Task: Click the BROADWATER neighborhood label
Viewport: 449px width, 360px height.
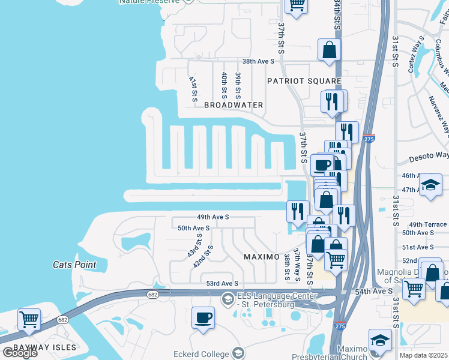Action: [234, 105]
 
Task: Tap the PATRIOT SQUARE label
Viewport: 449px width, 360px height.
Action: [304, 81]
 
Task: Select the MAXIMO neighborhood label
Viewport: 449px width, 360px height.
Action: [262, 257]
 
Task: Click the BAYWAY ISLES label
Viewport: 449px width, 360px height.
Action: [38, 347]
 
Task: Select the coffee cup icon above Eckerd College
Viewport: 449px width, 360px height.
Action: [203, 317]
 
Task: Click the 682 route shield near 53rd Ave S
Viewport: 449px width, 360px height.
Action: [152, 294]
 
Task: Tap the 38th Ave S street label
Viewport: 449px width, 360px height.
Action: [258, 61]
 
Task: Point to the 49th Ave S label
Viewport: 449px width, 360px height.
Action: [213, 217]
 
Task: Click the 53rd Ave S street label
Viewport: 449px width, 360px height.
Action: [222, 283]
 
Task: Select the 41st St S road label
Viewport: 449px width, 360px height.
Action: [193, 88]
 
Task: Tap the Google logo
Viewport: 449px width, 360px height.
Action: [20, 353]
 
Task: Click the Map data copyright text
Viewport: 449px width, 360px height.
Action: [424, 355]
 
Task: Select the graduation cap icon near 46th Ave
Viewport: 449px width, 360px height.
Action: [430, 185]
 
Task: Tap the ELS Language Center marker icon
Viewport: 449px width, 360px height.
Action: [228, 298]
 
